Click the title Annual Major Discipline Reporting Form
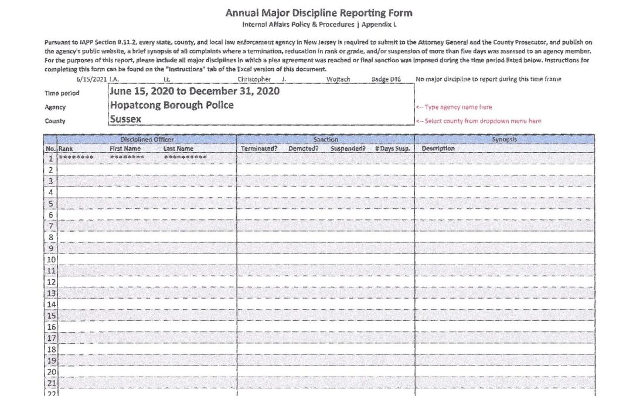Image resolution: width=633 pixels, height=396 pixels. coord(319,13)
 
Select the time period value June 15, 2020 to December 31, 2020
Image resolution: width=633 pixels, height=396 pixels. coord(194,92)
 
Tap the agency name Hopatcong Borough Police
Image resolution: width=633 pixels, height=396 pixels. coord(172,105)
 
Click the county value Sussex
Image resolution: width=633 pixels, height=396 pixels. coord(125,119)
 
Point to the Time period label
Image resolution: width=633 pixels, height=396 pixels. coord(62,93)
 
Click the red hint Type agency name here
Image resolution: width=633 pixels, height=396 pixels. coord(454,107)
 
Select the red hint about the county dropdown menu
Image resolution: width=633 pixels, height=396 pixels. coord(478,121)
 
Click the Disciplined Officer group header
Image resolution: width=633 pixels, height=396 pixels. coord(147,140)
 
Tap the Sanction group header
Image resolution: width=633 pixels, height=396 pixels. coord(325,140)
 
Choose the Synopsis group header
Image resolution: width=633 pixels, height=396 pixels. coord(505,140)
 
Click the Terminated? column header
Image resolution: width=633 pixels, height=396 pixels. coord(259,149)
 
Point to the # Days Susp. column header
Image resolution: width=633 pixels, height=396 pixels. coord(392,149)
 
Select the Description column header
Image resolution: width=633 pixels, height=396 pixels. coord(438,149)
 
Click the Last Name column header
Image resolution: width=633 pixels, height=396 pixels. coord(178,149)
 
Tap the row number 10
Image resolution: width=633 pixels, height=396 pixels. coord(51,259)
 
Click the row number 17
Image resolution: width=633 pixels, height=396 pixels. coord(51,338)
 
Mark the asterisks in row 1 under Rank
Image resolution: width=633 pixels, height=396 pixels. coord(76,158)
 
